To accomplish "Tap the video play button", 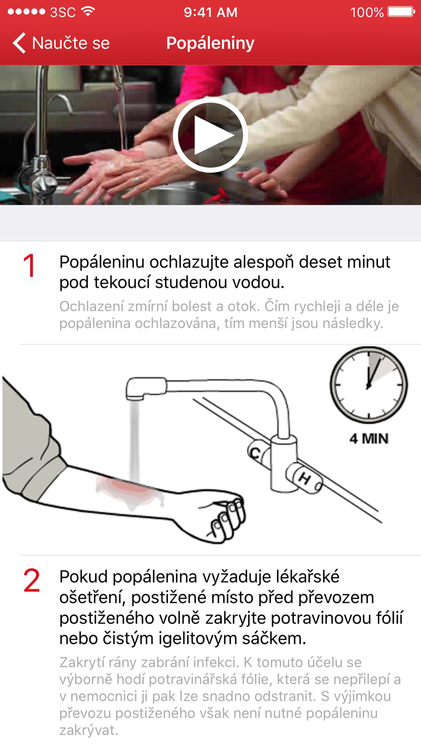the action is [x=210, y=135].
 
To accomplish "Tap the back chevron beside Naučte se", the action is [x=19, y=43].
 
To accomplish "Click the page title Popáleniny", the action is [x=210, y=43].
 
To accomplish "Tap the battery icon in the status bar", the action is [x=401, y=12].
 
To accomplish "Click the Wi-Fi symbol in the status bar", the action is [x=88, y=11].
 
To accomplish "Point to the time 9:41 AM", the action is [x=210, y=12].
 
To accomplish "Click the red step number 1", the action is [x=29, y=266].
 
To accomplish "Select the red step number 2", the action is [x=32, y=581].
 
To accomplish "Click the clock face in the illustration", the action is [x=369, y=385].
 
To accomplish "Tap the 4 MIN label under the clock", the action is [x=369, y=439].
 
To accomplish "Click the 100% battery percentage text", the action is [x=367, y=13].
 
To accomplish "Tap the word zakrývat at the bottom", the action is [x=88, y=730].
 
